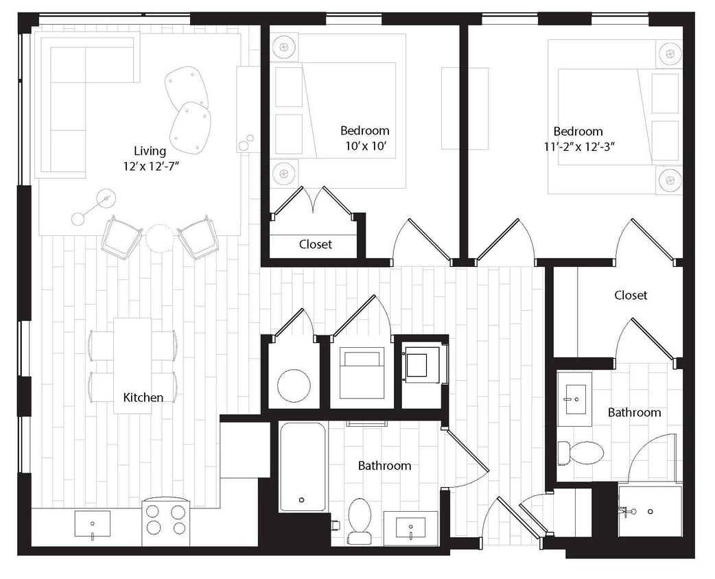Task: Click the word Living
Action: (150, 151)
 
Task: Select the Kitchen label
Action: (143, 397)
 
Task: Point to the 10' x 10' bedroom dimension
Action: (365, 145)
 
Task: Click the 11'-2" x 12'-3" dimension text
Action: (578, 146)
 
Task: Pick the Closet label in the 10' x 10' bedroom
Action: (316, 244)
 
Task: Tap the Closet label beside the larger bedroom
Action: (631, 295)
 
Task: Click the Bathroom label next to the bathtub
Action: (384, 466)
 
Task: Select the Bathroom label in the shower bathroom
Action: (634, 412)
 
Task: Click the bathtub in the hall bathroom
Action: (303, 467)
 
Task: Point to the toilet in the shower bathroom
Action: (581, 452)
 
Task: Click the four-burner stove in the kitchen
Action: (166, 519)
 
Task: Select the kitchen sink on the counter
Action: (92, 525)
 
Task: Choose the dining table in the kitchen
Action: (132, 365)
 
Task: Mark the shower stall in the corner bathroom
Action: (649, 511)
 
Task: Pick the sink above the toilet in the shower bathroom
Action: (574, 394)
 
